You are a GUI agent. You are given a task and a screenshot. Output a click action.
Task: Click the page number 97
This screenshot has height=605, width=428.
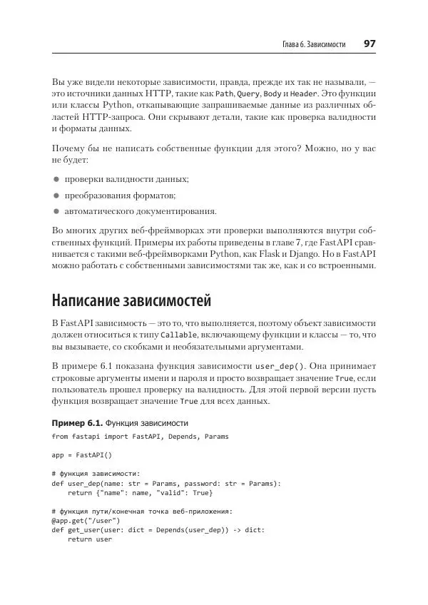point(370,44)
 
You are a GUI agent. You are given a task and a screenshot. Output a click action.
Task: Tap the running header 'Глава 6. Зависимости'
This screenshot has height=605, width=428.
point(313,44)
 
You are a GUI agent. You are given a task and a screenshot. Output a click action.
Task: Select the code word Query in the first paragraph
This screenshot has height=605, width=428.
point(249,94)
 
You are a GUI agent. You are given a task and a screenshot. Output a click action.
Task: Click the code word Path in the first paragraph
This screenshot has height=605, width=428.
point(225,94)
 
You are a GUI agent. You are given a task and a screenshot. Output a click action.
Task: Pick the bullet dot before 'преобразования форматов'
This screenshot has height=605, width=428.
point(56,195)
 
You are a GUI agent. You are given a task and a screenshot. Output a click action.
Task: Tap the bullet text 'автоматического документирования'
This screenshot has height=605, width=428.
point(141,211)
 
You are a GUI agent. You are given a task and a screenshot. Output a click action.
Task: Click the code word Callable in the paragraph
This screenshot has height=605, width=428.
point(175,335)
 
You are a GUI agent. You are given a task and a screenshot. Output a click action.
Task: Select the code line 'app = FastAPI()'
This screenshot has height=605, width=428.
point(82,454)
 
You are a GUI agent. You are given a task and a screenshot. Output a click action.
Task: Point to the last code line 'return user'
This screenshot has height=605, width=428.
point(90,539)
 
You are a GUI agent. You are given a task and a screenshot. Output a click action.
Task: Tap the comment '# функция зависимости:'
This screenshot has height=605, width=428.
point(96,473)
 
